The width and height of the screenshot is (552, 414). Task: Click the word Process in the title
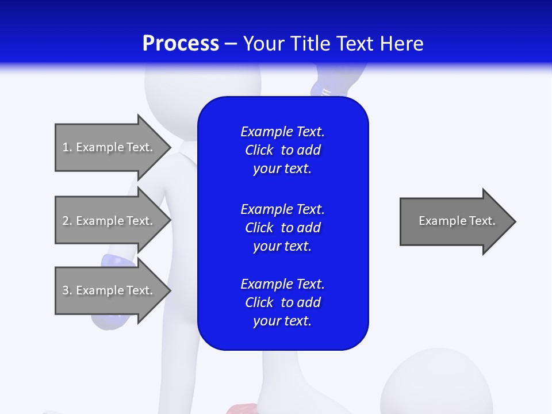click(x=181, y=44)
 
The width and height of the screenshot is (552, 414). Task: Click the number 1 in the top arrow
click(x=66, y=147)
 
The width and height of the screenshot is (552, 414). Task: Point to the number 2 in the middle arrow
click(x=66, y=221)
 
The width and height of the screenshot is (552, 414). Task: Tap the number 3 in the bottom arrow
click(x=66, y=290)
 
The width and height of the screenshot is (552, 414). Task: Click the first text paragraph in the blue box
click(x=282, y=150)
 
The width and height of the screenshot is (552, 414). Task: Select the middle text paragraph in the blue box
click(x=282, y=228)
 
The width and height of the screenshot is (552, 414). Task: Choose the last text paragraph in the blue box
click(x=282, y=302)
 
